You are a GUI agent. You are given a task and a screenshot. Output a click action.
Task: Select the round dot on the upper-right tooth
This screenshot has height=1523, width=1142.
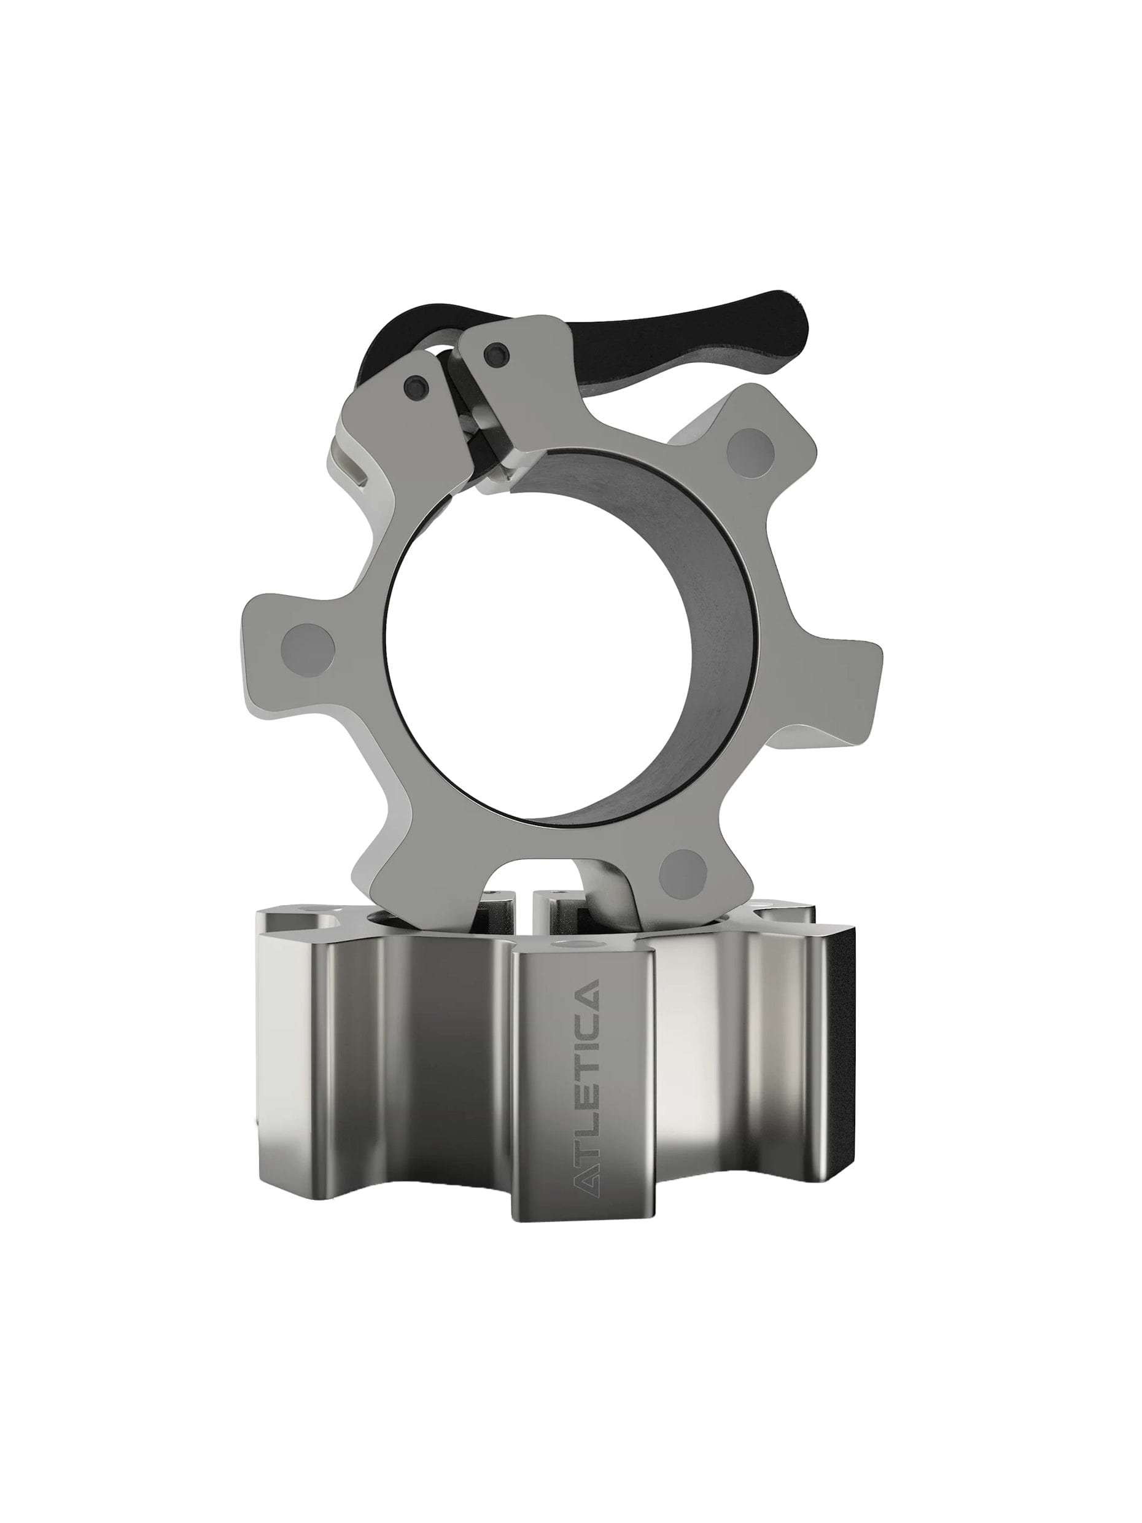pos(750,453)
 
